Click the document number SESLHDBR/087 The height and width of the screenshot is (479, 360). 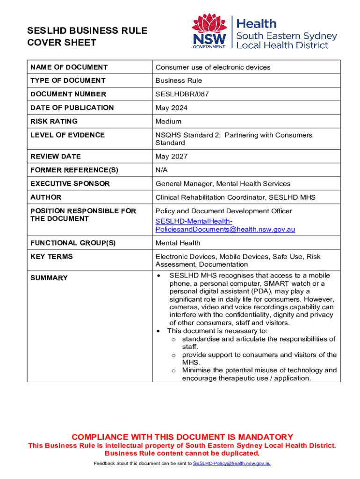point(182,94)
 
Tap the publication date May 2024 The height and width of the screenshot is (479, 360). point(171,108)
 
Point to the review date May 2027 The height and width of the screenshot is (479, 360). point(171,156)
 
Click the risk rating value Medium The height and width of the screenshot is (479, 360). point(168,121)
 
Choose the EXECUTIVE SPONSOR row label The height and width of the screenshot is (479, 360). point(70,184)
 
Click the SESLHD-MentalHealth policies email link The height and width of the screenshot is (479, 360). point(225,225)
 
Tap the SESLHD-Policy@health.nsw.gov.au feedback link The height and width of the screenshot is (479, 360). point(232,463)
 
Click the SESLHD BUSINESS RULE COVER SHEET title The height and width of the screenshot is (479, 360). point(87,37)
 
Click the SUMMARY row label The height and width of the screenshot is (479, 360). point(49,278)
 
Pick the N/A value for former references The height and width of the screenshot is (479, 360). point(162,170)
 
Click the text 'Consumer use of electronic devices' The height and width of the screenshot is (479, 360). point(213,67)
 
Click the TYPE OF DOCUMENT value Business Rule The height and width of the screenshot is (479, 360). point(179,80)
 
